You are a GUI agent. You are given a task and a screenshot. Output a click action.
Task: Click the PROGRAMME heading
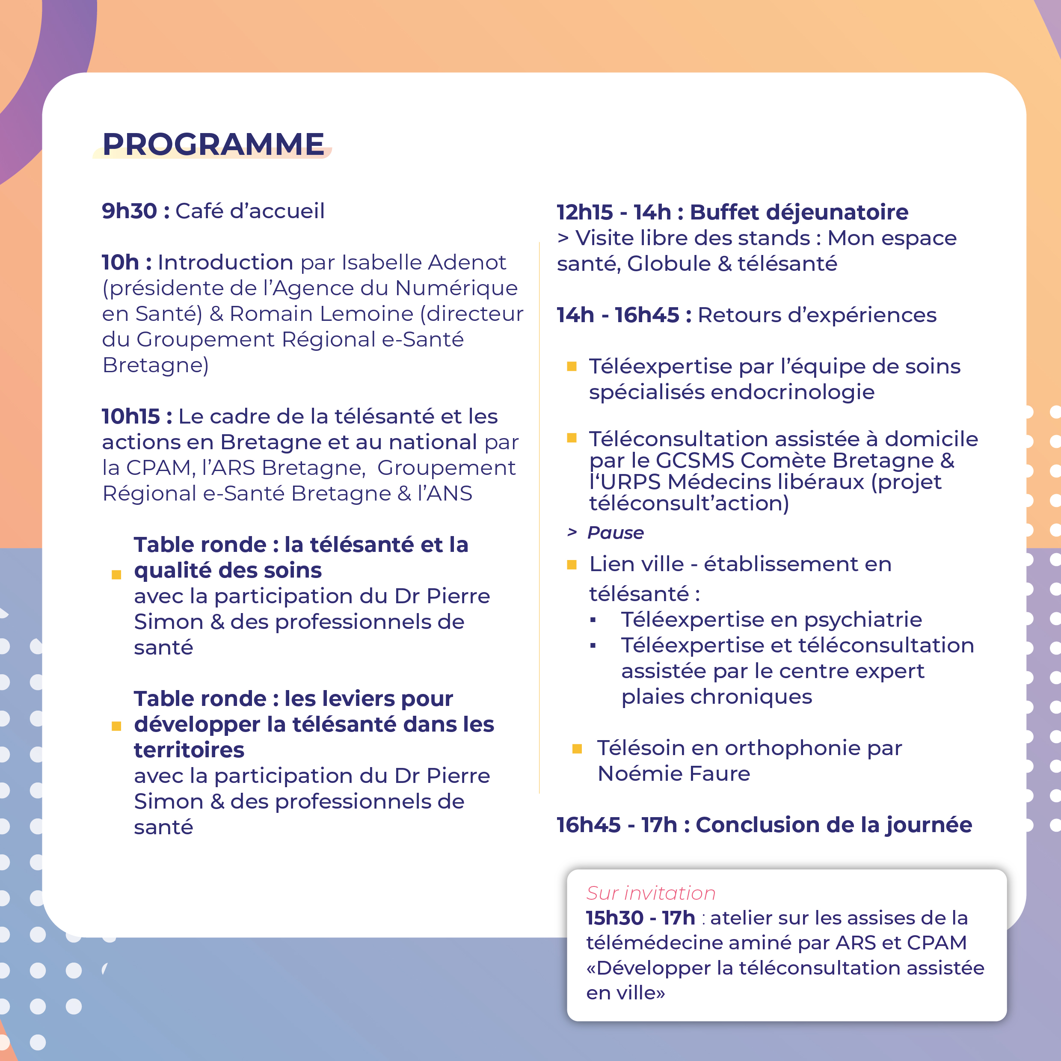pos(213,145)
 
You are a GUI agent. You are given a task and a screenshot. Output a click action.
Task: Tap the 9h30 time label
pos(130,211)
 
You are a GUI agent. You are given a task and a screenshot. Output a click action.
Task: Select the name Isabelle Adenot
pos(424,263)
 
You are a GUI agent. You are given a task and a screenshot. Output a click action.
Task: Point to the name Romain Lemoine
pos(321,314)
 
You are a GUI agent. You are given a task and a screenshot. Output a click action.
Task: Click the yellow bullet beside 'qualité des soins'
pos(116,575)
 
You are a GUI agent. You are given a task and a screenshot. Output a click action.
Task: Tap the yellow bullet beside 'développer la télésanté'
pos(116,726)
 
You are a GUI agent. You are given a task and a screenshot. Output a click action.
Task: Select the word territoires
pos(189,750)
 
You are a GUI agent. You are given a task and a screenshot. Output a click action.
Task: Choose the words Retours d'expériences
pos(817,315)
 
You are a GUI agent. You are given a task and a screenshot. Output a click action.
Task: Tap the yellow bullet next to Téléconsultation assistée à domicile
pos(572,438)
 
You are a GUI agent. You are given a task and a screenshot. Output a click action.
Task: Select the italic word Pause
pos(615,533)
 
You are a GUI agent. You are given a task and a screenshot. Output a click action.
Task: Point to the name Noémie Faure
pos(673,774)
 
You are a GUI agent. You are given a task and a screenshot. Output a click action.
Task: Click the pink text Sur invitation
pos(651,893)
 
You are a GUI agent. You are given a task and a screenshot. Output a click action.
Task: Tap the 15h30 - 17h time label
pos(640,918)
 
